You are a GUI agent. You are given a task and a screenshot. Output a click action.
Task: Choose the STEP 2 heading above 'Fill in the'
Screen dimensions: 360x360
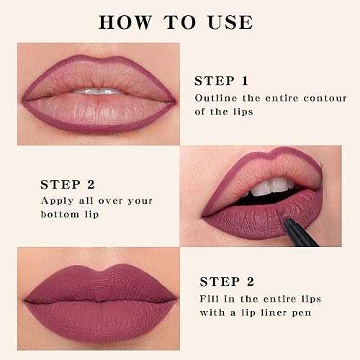[x=228, y=282]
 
